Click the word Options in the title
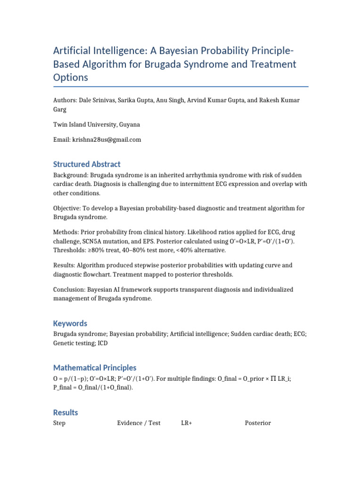point(71,78)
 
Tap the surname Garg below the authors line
point(60,109)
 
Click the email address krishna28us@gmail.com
point(106,140)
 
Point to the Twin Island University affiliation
point(96,125)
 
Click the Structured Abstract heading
point(87,164)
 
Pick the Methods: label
point(66,233)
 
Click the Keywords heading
point(70,323)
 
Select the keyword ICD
point(103,344)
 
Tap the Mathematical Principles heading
point(95,368)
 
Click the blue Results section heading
point(66,412)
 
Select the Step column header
point(59,423)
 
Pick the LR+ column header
point(186,423)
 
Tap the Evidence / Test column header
point(139,423)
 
